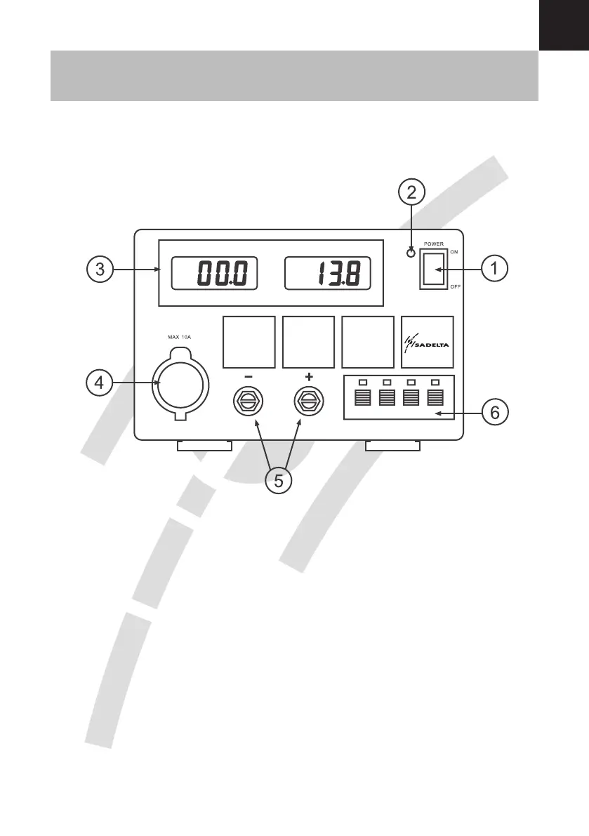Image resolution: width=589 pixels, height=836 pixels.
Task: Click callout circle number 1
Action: click(496, 267)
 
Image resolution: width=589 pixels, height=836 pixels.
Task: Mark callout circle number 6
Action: click(495, 413)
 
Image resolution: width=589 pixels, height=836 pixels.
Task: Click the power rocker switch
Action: click(433, 268)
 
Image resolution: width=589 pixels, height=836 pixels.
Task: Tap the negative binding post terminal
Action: click(249, 402)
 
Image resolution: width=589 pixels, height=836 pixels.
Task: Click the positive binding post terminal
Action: click(308, 402)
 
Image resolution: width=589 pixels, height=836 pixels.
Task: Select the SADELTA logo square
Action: click(427, 342)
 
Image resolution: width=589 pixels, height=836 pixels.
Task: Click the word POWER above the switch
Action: click(433, 244)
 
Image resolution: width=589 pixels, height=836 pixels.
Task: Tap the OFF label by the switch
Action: click(455, 287)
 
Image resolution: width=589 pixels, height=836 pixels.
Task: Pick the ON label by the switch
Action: click(454, 251)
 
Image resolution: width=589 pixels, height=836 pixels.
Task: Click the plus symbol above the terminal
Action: click(309, 377)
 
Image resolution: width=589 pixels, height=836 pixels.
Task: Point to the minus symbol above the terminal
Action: click(249, 377)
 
